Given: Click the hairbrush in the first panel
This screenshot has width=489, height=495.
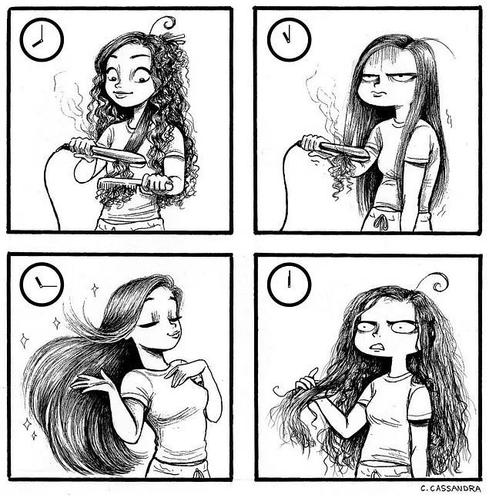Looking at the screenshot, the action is tap(136, 184).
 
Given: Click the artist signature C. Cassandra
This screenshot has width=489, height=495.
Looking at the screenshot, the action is tap(450, 488).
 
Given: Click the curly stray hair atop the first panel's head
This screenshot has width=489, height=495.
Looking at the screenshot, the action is tap(164, 24).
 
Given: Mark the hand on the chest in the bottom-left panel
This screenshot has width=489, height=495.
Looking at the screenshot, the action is tap(183, 373).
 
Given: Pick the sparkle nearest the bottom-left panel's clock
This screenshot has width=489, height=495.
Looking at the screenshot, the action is tap(95, 289).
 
